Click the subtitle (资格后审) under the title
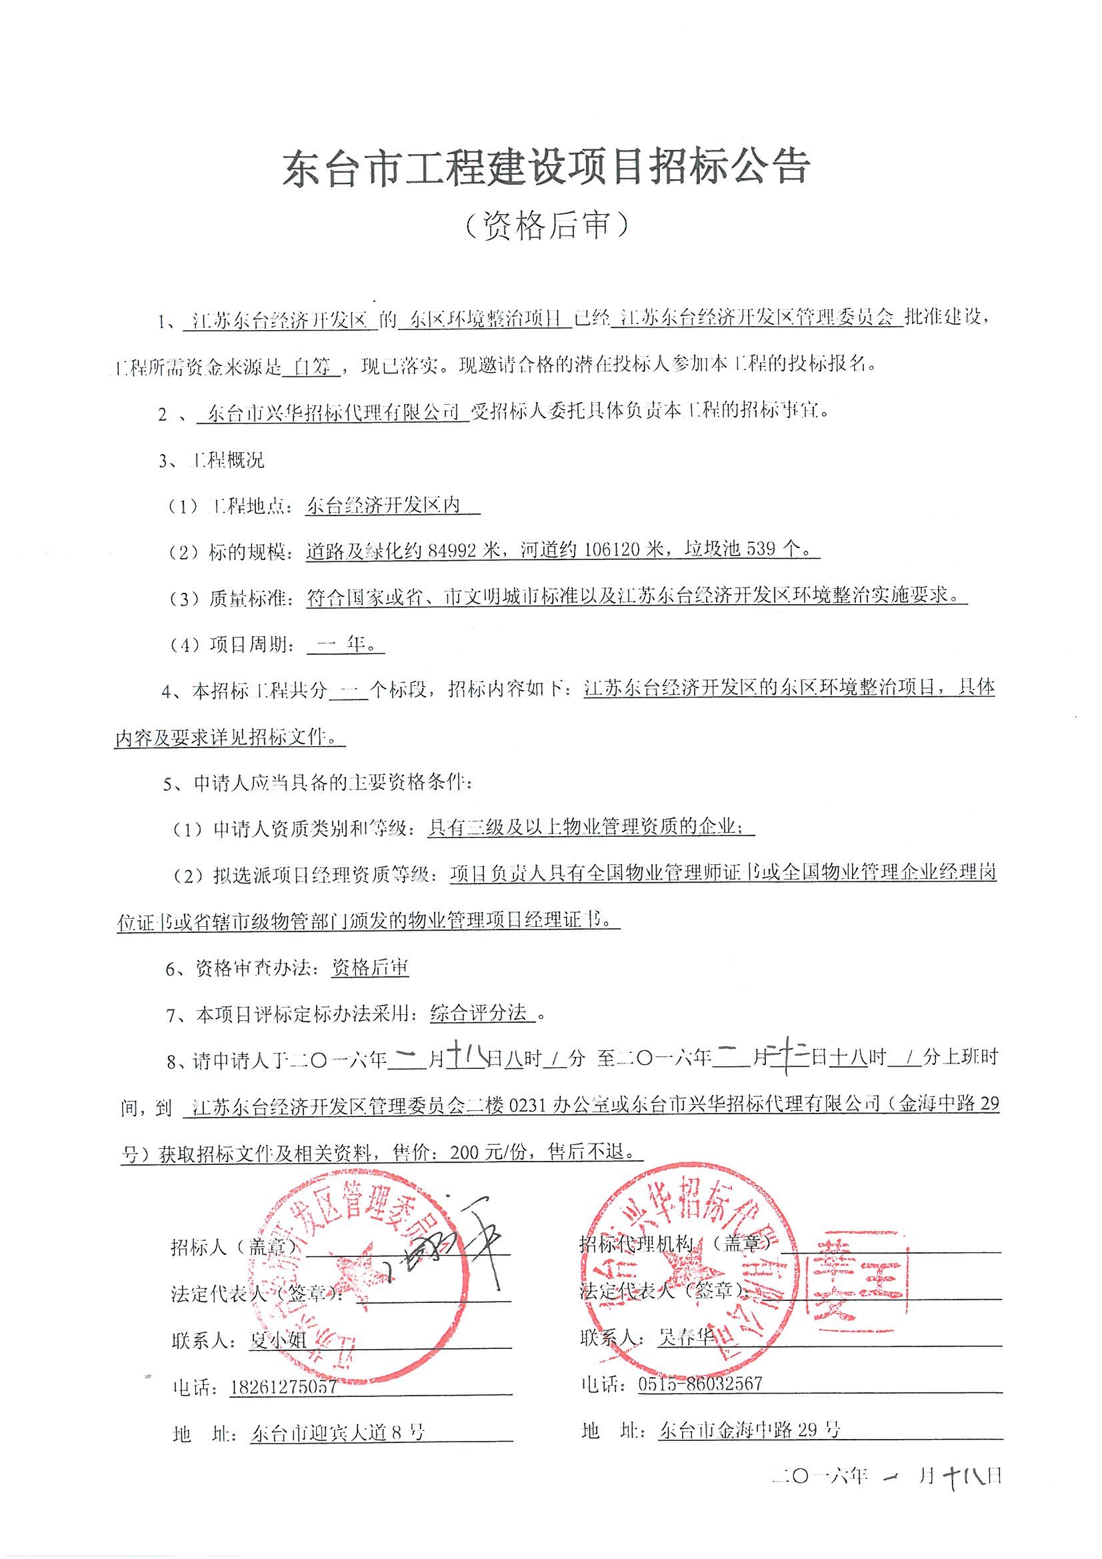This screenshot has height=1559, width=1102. tap(547, 225)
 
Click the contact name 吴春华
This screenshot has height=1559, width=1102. tap(686, 1338)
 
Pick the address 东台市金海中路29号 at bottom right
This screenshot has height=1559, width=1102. tap(749, 1430)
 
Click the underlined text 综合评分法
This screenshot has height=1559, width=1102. tap(479, 1014)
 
